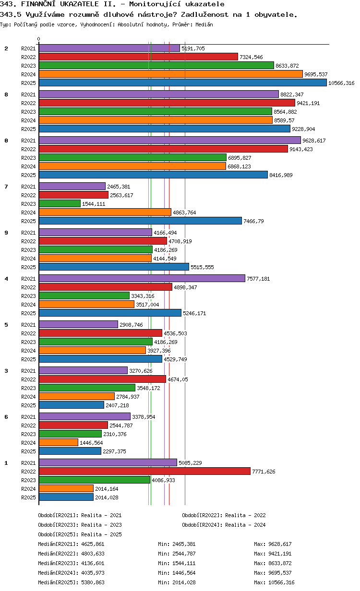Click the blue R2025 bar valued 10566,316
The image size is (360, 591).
[x=183, y=83]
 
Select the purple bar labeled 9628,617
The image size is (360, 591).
[x=169, y=141]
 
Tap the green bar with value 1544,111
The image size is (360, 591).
[x=60, y=204]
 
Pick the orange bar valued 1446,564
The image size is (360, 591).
[x=59, y=443]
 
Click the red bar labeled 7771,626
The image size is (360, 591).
[x=144, y=472]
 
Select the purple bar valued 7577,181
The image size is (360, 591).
[x=142, y=279]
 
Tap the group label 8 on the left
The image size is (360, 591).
[x=6, y=95]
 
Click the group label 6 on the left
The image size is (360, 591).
[x=6, y=417]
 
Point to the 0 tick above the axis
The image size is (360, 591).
[x=39, y=39]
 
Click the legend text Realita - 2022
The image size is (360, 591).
[x=245, y=515]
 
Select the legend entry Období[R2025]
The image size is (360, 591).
[x=58, y=534]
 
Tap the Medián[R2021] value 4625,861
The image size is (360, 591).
[x=93, y=544]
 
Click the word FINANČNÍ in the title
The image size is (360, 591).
[x=40, y=4]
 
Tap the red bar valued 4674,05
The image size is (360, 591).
[x=102, y=379]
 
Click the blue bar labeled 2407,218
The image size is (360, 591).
[x=72, y=405]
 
